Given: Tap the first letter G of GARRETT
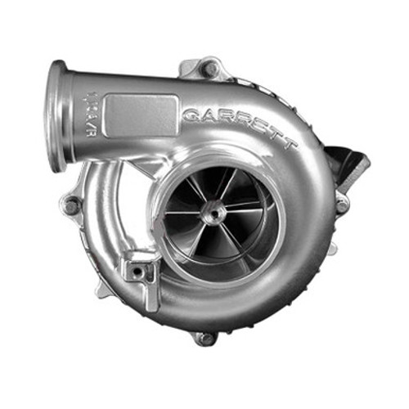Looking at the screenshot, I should pyautogui.click(x=191, y=114).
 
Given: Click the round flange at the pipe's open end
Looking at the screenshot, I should pyautogui.click(x=57, y=115).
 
